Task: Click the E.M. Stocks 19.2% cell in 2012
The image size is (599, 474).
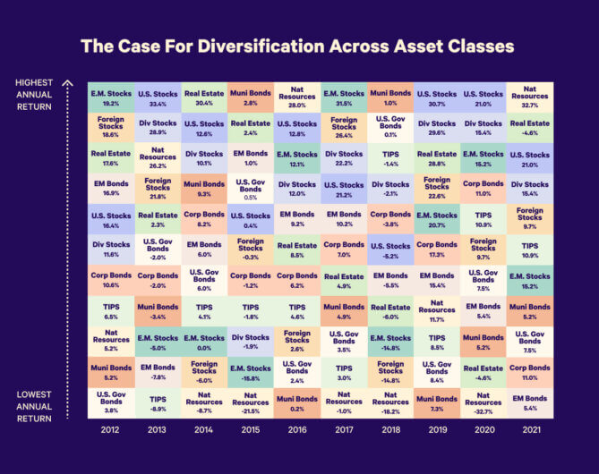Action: point(110,97)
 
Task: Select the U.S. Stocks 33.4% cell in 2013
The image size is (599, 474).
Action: point(158,97)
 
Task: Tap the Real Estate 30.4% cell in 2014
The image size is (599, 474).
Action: point(204,97)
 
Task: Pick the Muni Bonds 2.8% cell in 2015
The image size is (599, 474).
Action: point(251,97)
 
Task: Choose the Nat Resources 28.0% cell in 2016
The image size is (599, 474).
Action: point(297,97)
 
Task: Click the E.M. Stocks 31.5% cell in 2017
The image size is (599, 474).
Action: point(344,97)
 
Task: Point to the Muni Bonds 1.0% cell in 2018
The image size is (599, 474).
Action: point(390,97)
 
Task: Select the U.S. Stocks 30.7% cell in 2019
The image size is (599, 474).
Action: point(437,97)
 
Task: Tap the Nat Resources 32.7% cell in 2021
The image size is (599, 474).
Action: point(530,97)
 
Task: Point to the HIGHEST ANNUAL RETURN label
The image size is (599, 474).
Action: point(35,95)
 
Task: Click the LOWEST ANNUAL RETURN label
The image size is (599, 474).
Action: point(35,406)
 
